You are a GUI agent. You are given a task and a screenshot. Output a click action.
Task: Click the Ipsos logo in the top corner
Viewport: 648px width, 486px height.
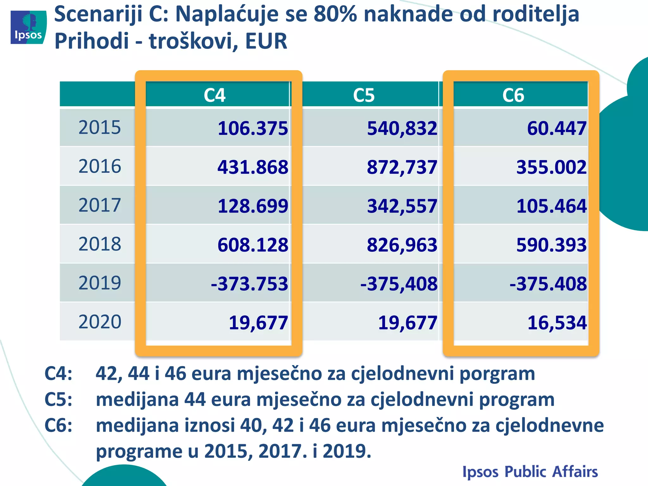click(x=28, y=27)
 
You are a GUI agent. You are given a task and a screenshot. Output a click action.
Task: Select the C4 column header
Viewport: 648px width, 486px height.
click(x=215, y=95)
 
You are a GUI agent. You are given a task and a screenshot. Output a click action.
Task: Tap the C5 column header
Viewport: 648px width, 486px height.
click(x=364, y=95)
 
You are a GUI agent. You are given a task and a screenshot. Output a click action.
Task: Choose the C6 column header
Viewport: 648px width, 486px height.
click(x=513, y=95)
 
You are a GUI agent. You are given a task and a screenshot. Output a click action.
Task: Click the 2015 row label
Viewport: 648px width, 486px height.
click(x=100, y=128)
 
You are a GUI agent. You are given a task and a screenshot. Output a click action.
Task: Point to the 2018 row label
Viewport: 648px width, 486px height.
click(x=100, y=244)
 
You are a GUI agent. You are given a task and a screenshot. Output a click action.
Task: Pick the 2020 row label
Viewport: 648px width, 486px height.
click(x=100, y=322)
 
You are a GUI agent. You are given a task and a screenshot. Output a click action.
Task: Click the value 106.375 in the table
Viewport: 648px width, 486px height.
click(x=253, y=128)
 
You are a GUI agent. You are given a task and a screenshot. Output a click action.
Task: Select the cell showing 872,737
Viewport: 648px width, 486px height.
click(x=402, y=167)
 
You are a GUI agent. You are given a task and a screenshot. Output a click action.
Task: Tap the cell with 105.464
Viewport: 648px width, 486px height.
click(x=551, y=206)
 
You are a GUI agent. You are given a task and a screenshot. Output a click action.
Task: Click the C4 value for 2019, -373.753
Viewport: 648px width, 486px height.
click(x=250, y=283)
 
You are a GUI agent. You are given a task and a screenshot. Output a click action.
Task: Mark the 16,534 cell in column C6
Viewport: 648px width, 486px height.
click(x=557, y=323)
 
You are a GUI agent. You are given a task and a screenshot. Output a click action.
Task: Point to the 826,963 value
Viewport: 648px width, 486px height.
click(x=402, y=245)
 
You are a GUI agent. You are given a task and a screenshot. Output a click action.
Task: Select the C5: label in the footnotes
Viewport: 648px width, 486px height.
click(x=59, y=399)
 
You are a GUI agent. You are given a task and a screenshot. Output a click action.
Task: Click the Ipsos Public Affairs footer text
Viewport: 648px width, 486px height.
click(x=530, y=472)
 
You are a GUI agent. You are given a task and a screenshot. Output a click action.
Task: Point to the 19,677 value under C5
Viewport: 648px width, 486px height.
click(x=408, y=323)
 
